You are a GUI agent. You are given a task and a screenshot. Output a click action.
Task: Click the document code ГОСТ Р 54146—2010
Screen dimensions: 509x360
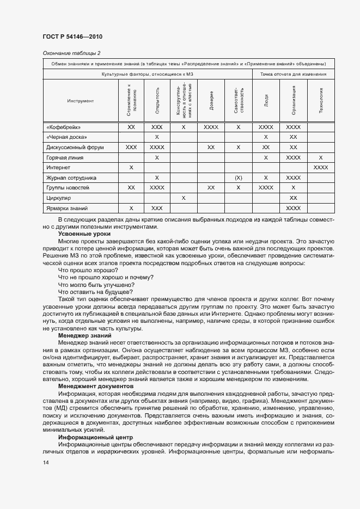72,36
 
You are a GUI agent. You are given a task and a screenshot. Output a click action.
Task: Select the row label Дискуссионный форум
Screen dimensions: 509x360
75,148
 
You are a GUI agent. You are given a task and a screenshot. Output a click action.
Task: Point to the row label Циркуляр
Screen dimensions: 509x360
59,198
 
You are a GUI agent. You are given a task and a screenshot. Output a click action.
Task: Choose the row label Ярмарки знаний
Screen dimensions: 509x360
68,208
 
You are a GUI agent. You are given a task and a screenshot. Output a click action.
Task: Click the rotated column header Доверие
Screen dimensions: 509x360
211,101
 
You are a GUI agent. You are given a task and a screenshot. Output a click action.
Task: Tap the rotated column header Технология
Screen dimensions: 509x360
321,101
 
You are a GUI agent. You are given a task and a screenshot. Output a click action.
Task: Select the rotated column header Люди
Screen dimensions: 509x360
266,101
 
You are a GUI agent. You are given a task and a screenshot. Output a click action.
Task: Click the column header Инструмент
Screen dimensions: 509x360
81,101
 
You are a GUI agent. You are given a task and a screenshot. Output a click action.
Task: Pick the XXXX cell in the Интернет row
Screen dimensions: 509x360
321,168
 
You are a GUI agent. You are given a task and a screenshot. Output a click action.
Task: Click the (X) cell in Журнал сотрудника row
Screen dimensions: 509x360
239,178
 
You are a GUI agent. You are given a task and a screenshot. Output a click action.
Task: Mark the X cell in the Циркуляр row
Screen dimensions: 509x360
184,198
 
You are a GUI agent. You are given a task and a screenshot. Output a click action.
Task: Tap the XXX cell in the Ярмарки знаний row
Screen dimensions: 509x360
156,208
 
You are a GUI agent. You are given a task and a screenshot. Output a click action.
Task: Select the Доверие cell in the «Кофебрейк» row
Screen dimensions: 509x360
211,127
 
